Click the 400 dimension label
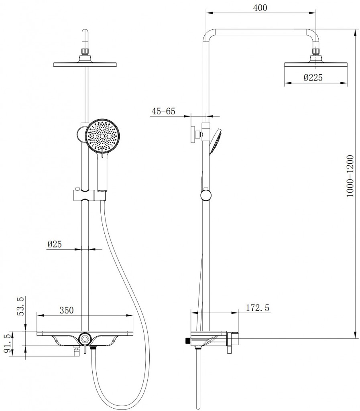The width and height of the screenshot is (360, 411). [260, 8]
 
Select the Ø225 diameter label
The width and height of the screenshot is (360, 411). [313, 77]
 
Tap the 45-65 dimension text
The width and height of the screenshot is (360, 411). [163, 111]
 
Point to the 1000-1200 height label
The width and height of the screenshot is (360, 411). [350, 176]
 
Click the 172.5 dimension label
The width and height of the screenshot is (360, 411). [258, 308]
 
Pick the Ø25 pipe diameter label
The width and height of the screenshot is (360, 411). [55, 244]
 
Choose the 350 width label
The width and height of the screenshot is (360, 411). [67, 310]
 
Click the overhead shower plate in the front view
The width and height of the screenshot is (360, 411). [85, 64]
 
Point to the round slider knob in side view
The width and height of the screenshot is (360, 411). [205, 195]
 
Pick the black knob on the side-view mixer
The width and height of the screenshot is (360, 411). [187, 340]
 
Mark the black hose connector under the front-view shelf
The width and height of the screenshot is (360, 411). [93, 348]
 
